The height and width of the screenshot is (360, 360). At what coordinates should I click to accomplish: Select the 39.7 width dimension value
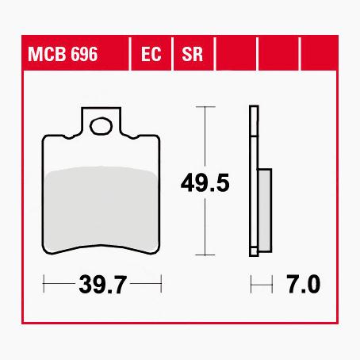point(103,284)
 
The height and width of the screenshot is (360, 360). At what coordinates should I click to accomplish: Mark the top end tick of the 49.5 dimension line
point(206,105)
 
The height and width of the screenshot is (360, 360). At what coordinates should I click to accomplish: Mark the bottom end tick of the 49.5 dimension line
point(206,255)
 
